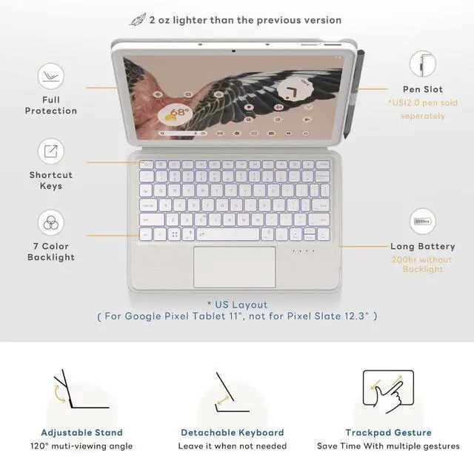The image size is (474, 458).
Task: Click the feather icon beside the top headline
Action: point(138,19)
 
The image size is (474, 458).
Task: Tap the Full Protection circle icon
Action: point(51,76)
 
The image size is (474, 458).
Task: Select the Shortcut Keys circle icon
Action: point(51,152)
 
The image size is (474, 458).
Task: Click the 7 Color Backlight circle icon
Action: point(51,222)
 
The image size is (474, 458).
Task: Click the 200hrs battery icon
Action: point(423,221)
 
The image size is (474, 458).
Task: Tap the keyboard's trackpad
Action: point(234,267)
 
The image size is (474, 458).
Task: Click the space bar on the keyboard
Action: point(227,234)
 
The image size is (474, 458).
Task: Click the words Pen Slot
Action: point(423,89)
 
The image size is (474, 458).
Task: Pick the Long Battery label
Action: point(423,246)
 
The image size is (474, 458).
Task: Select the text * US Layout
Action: point(237,305)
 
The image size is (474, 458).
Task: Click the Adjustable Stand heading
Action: point(81,432)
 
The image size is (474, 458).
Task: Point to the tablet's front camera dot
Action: point(233,50)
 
